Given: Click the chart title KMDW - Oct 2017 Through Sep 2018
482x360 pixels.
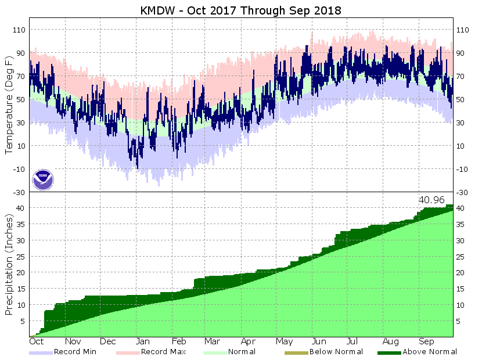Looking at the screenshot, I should tap(241, 10).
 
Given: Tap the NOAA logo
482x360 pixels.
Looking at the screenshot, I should tap(42, 179).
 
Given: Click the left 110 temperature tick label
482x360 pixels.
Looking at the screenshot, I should tap(19, 30).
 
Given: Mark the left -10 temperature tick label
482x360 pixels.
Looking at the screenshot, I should tap(19, 169).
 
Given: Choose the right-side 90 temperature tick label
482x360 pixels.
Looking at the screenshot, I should tap(463, 53).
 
